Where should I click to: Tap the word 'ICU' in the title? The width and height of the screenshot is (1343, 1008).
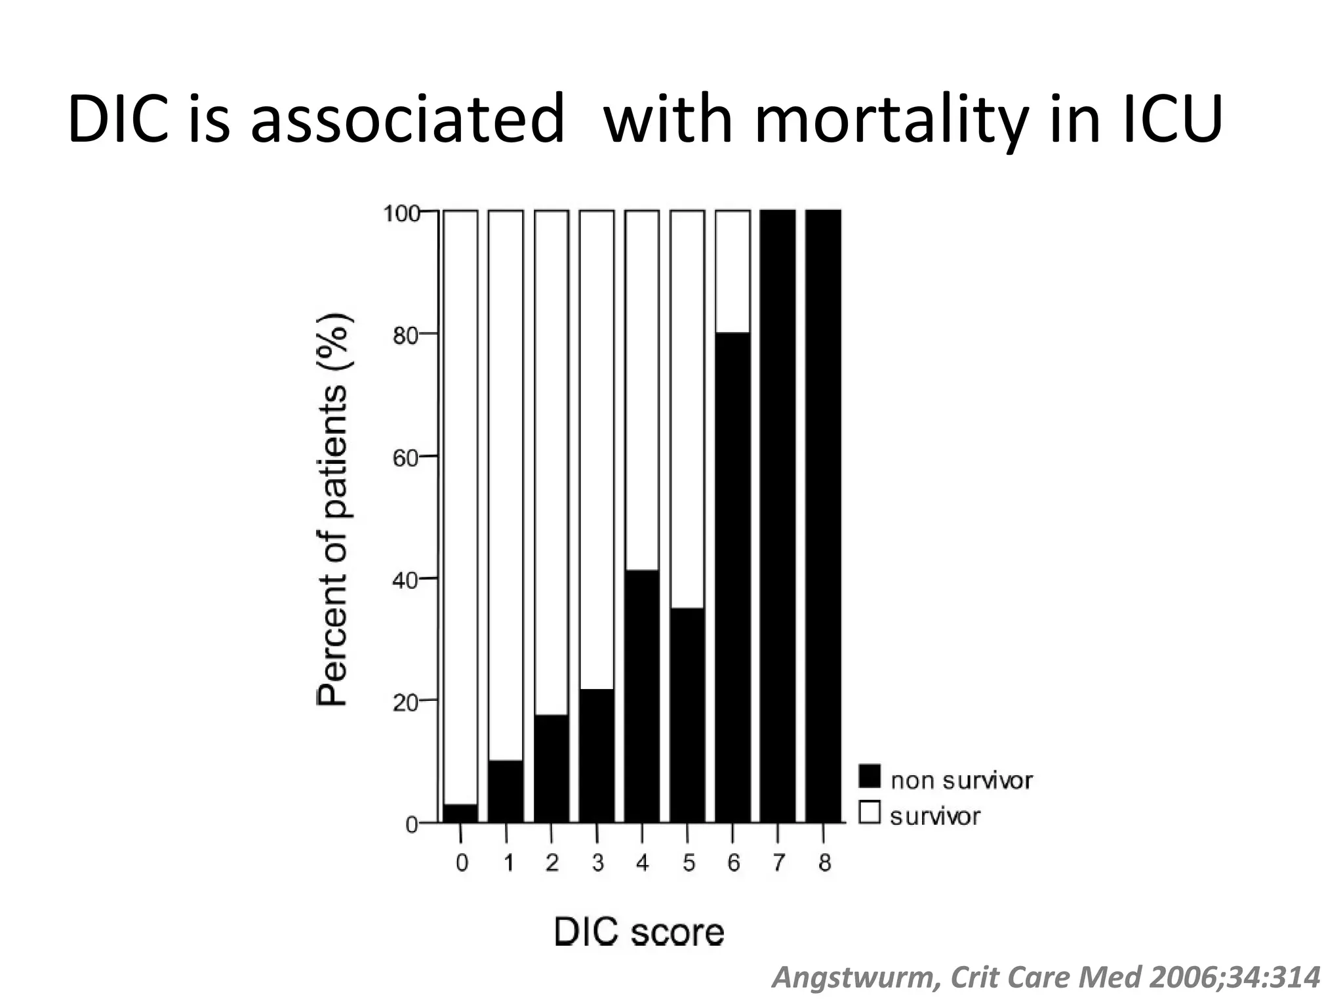click(x=1170, y=120)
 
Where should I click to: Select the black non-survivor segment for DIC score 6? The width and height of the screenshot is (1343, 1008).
click(x=732, y=577)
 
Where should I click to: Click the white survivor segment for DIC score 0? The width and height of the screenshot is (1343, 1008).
click(x=460, y=505)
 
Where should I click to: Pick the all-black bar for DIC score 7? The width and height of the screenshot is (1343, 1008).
click(x=778, y=516)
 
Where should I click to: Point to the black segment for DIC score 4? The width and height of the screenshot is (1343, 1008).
click(x=642, y=696)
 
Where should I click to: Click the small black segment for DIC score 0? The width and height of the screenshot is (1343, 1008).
click(x=460, y=813)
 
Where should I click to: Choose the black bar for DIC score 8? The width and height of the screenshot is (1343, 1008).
click(x=823, y=516)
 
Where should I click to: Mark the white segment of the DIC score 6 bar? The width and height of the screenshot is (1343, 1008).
click(x=732, y=272)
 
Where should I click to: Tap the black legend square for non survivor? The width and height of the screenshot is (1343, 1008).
click(x=870, y=776)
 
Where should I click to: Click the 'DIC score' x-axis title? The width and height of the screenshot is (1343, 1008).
click(x=639, y=932)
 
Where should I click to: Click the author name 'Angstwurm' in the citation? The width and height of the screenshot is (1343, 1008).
click(x=854, y=978)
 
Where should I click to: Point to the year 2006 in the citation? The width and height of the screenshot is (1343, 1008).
click(x=1181, y=978)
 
